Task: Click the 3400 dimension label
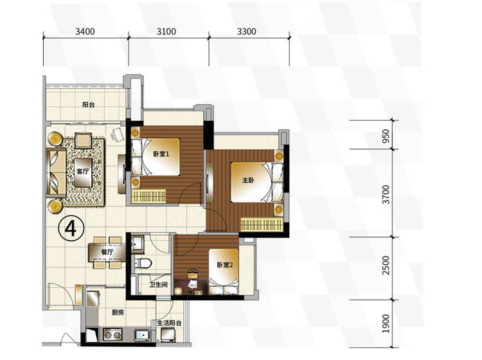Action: click(85, 32)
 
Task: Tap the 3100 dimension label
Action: click(166, 32)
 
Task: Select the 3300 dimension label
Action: click(247, 32)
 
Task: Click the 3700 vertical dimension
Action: click(386, 195)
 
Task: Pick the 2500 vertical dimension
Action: click(386, 265)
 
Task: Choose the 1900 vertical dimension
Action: click(386, 324)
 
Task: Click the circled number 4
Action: click(71, 228)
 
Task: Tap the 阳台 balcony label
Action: click(89, 105)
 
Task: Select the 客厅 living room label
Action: click(83, 171)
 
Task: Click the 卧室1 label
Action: click(161, 154)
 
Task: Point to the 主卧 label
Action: click(248, 180)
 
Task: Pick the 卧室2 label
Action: click(225, 265)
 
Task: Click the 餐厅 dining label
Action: click(107, 252)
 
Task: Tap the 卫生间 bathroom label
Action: click(159, 285)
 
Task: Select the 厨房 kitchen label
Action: click(118, 313)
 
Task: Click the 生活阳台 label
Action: click(170, 323)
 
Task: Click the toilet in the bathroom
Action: click(143, 263)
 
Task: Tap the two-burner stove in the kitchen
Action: click(112, 335)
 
